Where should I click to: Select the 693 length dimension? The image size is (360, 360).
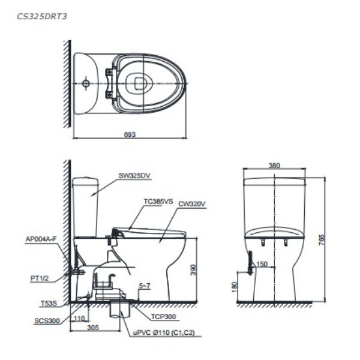(x=130, y=134)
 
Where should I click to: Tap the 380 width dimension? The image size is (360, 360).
(x=274, y=165)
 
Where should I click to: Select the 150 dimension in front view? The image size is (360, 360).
(x=261, y=263)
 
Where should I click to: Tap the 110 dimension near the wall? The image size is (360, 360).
(x=79, y=319)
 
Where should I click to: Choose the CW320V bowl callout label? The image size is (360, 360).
(x=192, y=204)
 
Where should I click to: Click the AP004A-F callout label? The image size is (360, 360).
(x=41, y=238)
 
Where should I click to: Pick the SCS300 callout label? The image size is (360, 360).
(x=47, y=321)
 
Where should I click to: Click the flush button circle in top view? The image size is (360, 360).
(x=86, y=82)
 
